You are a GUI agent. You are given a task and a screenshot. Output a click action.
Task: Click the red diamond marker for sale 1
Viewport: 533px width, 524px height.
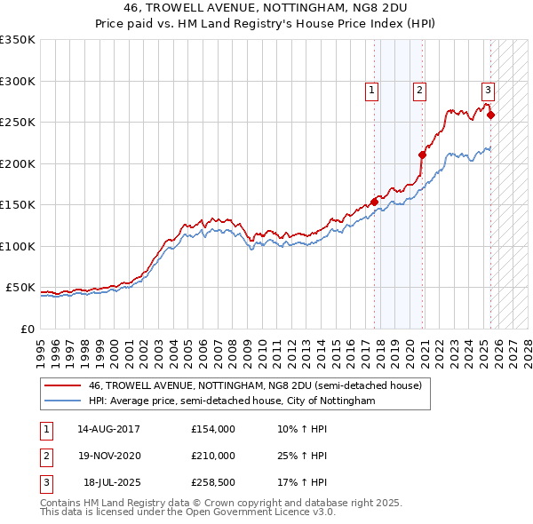tap(374, 202)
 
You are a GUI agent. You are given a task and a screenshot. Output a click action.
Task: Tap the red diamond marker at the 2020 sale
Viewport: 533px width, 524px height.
tap(423, 155)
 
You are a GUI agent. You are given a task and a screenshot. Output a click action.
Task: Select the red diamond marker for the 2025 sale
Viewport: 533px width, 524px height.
tap(491, 115)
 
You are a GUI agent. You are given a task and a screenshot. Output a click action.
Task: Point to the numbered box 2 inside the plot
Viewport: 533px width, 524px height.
tap(418, 89)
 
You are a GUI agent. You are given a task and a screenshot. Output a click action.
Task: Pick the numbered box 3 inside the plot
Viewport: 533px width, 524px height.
tap(488, 89)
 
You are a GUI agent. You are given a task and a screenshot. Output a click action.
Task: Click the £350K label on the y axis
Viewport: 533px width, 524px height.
tap(18, 40)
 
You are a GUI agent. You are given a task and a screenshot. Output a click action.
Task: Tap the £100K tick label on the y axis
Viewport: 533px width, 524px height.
tap(18, 246)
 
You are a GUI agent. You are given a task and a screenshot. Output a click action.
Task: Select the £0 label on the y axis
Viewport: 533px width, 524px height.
tap(28, 329)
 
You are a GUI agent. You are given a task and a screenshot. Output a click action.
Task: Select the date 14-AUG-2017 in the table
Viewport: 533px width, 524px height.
tap(109, 429)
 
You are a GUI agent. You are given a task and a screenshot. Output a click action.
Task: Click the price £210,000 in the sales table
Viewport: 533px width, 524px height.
tap(213, 456)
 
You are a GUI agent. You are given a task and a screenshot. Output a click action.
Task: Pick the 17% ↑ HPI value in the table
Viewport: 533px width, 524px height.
tap(302, 482)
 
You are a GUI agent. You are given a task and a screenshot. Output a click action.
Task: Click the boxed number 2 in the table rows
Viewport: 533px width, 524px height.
tap(45, 456)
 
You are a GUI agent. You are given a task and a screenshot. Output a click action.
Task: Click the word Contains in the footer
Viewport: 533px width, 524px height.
tap(62, 503)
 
